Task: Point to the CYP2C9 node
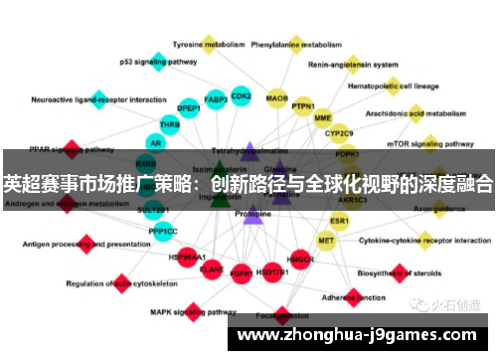pos(340,132)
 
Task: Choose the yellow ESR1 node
pos(340,220)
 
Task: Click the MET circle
pos(326,240)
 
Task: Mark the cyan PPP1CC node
pos(163,231)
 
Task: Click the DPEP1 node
pos(188,107)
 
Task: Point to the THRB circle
pos(170,124)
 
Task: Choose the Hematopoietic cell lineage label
pos(392,86)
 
